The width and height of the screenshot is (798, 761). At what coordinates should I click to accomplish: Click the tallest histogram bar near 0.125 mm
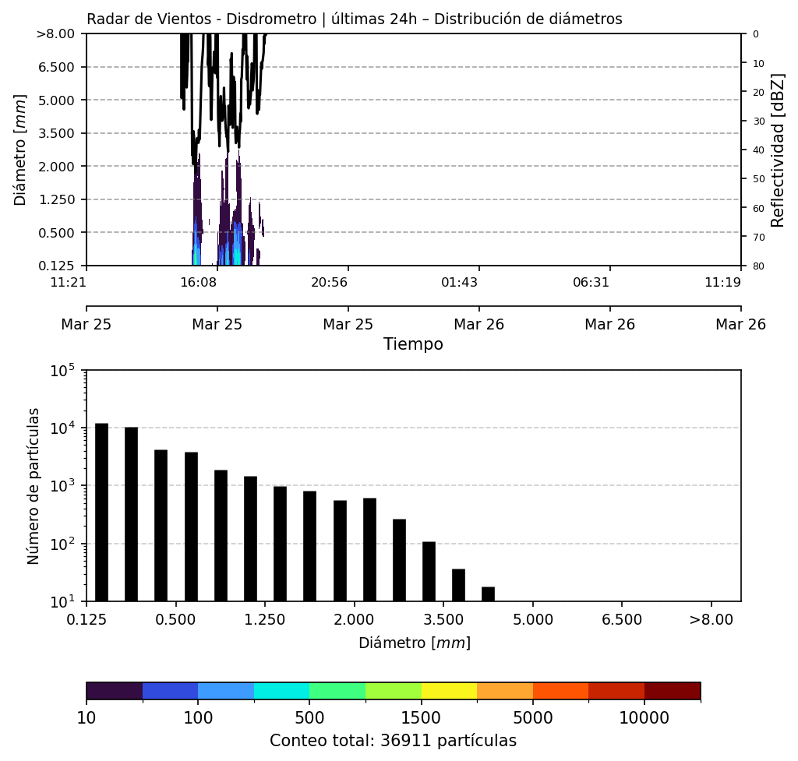[x=101, y=512]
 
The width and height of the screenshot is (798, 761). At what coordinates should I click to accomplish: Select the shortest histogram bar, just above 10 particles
[x=488, y=594]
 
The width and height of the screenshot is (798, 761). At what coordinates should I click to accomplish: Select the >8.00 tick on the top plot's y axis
[x=55, y=34]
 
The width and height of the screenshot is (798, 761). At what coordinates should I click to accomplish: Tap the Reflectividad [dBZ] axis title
[x=778, y=150]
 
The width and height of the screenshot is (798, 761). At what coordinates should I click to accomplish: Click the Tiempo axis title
[x=413, y=344]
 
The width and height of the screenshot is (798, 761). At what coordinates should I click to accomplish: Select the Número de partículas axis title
[x=34, y=485]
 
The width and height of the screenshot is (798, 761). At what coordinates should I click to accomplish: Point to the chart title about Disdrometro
[x=354, y=19]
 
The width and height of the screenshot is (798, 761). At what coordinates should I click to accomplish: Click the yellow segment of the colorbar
[x=449, y=691]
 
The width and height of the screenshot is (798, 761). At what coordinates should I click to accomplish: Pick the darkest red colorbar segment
[x=672, y=691]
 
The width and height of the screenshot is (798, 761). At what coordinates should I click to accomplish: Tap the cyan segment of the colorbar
[x=281, y=691]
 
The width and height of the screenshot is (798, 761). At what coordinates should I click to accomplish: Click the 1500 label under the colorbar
[x=421, y=717]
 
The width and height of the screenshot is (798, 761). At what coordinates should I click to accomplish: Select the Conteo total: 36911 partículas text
[x=393, y=741]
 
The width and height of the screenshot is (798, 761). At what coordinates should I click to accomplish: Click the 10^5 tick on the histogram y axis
[x=68, y=371]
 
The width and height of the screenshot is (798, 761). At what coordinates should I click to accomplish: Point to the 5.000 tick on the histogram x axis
[x=532, y=620]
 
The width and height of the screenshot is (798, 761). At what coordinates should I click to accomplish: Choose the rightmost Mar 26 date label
[x=740, y=324]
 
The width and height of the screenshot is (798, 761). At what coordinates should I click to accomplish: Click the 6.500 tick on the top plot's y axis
[x=55, y=67]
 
